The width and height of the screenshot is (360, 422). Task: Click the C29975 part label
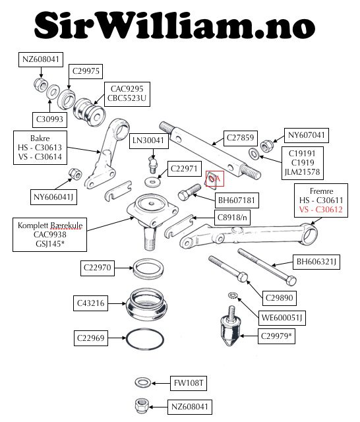coord(86,71)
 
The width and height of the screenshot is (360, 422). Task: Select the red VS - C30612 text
coord(320,210)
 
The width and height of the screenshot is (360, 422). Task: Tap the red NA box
coord(215,179)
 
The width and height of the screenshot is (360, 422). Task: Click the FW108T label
coord(189,383)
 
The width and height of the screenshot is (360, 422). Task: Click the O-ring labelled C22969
coord(145,338)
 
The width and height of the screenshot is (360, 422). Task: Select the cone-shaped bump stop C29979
coord(231,326)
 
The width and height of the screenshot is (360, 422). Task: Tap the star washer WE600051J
coord(232,295)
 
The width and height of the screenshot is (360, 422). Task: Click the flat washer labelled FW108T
coord(143,382)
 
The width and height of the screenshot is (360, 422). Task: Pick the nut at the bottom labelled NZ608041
coord(141,406)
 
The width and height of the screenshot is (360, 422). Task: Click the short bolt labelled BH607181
coord(189,192)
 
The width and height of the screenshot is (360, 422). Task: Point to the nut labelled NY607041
coord(267,145)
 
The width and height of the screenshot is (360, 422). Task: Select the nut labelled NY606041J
coord(75,174)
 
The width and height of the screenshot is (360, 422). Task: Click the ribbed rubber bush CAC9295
coord(89,112)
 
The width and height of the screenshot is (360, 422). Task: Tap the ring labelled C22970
coord(148,268)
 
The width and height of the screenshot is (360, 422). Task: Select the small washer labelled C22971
coord(152,182)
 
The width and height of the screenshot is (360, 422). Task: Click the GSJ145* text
coord(50,244)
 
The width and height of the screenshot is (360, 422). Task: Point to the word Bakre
coord(40,138)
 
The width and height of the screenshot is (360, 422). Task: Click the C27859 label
coord(240,138)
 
